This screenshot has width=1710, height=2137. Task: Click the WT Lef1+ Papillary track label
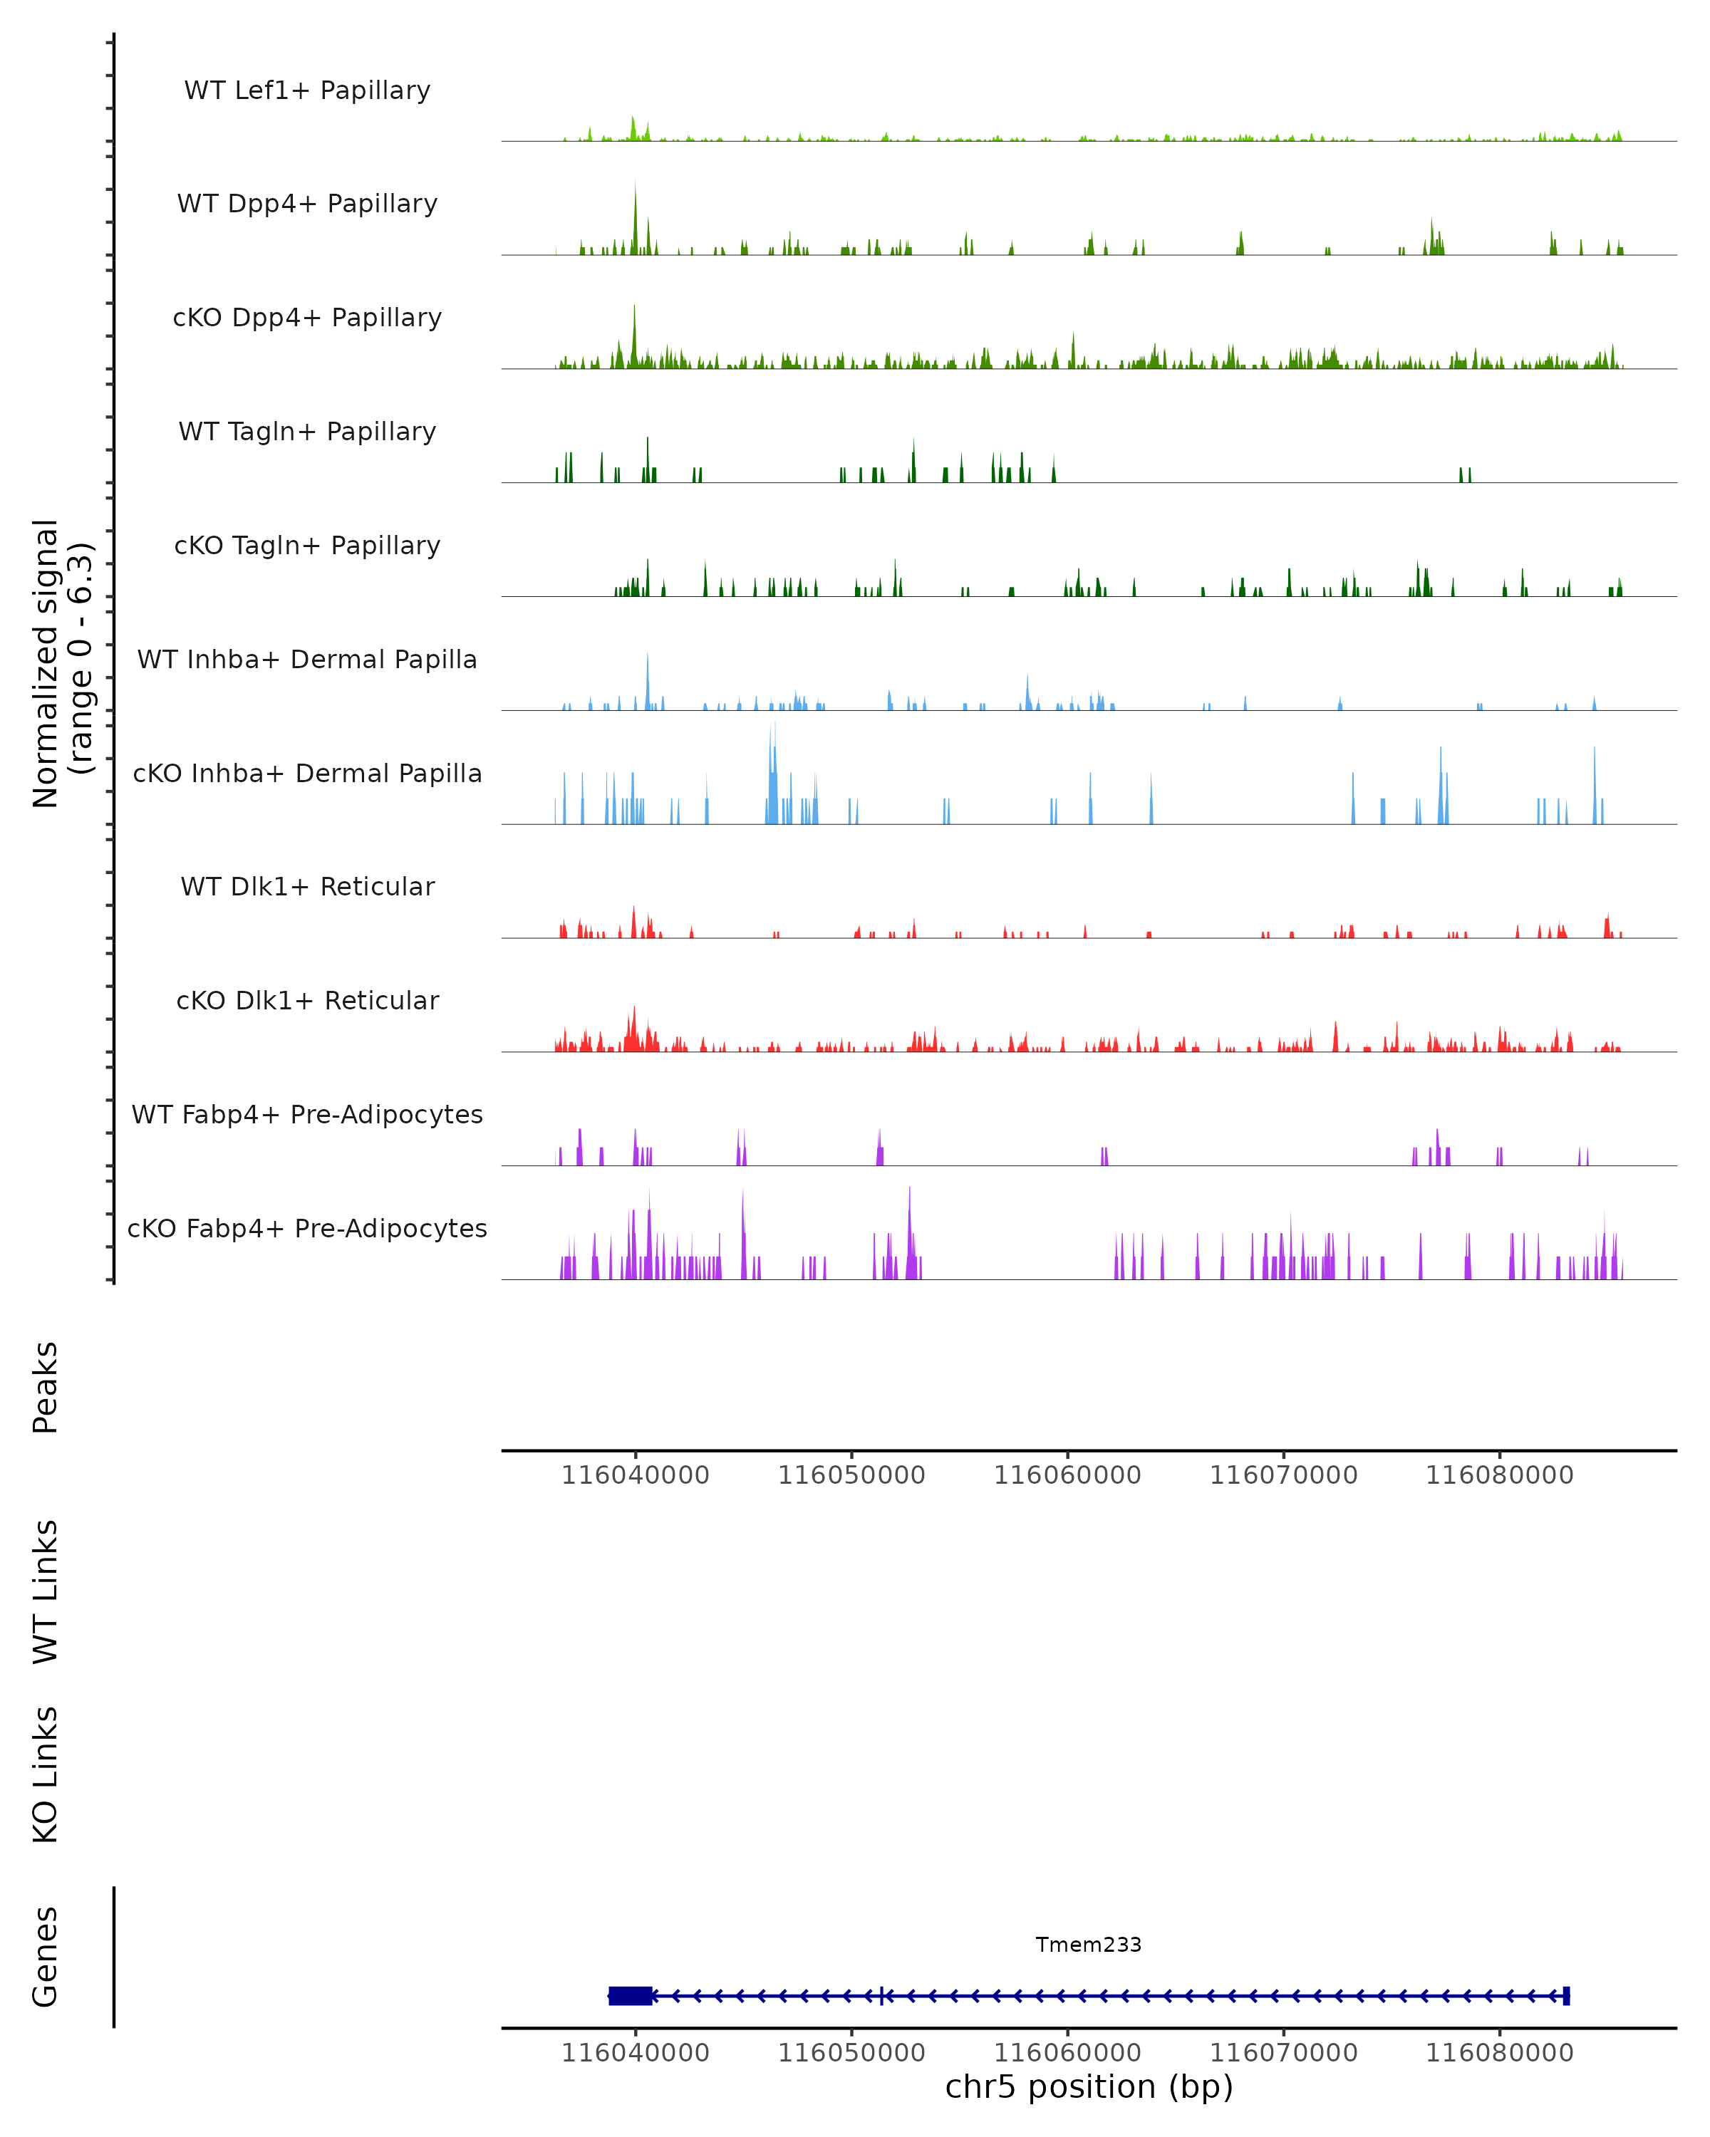pyautogui.click(x=307, y=90)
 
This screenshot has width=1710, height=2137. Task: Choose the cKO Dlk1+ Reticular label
pyautogui.click(x=307, y=1000)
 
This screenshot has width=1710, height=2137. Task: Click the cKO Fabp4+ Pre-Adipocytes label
pyautogui.click(x=307, y=1228)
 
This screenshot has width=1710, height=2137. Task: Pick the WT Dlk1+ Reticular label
pyautogui.click(x=307, y=886)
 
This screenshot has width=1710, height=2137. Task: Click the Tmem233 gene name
pyautogui.click(x=1089, y=1945)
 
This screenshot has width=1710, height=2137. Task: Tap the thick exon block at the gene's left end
pyautogui.click(x=631, y=1995)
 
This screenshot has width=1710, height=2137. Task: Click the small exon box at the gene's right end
pyautogui.click(x=1566, y=1995)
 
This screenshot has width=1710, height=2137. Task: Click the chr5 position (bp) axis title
pyautogui.click(x=1089, y=2086)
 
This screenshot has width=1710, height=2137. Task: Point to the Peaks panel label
pyautogui.click(x=46, y=1387)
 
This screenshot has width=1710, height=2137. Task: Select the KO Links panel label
pyautogui.click(x=46, y=1774)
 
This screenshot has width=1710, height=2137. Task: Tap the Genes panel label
pyautogui.click(x=46, y=1957)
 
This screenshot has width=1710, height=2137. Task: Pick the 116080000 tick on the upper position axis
pyautogui.click(x=1499, y=1475)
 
